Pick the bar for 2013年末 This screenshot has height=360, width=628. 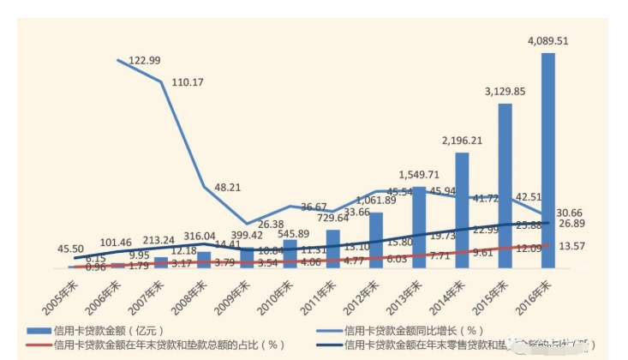(419, 227)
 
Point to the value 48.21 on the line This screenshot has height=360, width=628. (227, 186)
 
